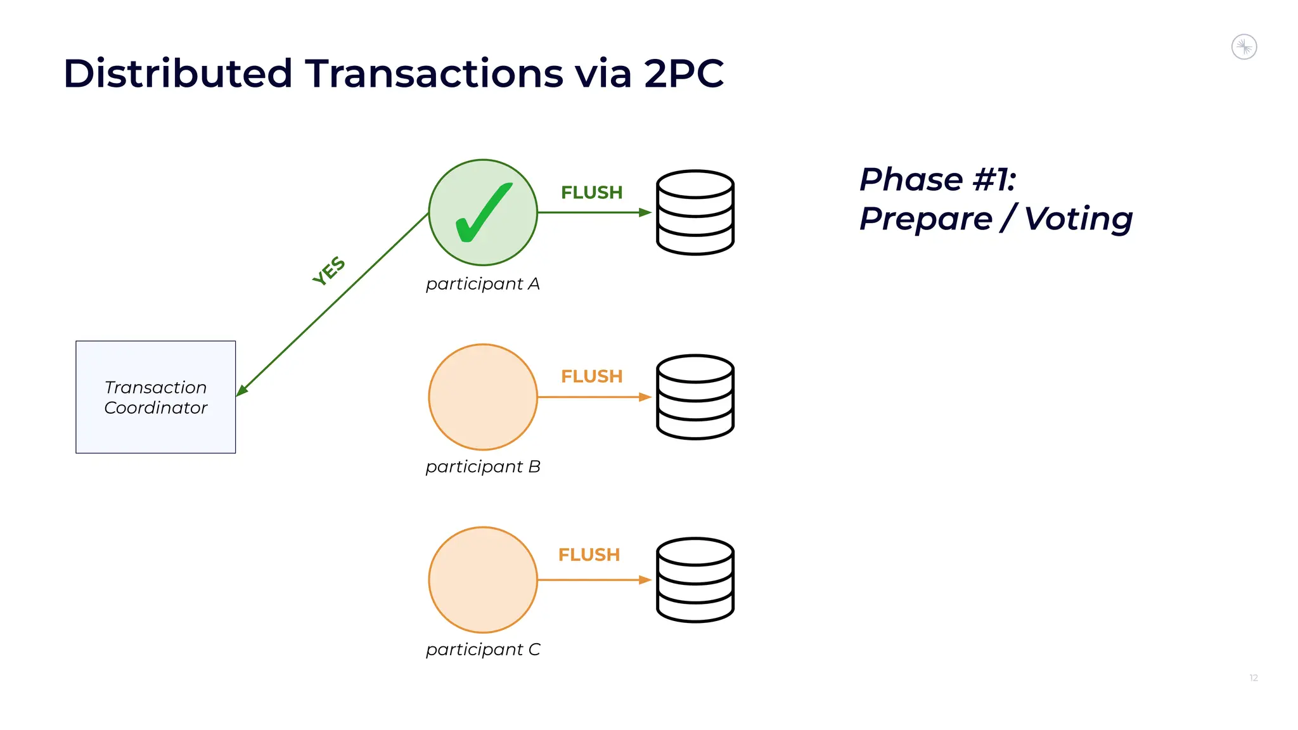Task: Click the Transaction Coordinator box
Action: tap(155, 397)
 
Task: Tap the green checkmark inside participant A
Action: tap(483, 213)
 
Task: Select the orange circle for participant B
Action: tap(483, 397)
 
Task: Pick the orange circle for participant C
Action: tap(483, 579)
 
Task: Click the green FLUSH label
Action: tap(591, 193)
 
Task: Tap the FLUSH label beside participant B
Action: tap(591, 376)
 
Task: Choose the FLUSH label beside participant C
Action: tap(589, 555)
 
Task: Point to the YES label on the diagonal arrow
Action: tap(329, 271)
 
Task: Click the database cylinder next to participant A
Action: tap(695, 212)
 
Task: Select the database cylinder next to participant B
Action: tap(695, 397)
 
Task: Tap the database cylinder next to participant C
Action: tap(695, 580)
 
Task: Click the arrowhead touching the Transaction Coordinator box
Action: tap(242, 390)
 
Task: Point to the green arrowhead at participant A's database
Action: tap(645, 212)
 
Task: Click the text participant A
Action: tap(482, 284)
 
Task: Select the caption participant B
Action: tap(482, 467)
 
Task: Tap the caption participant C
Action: tap(482, 650)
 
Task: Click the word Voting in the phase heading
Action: tap(1078, 219)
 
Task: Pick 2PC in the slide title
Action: tap(683, 74)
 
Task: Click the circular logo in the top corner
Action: tap(1243, 47)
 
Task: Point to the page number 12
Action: tap(1253, 678)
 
